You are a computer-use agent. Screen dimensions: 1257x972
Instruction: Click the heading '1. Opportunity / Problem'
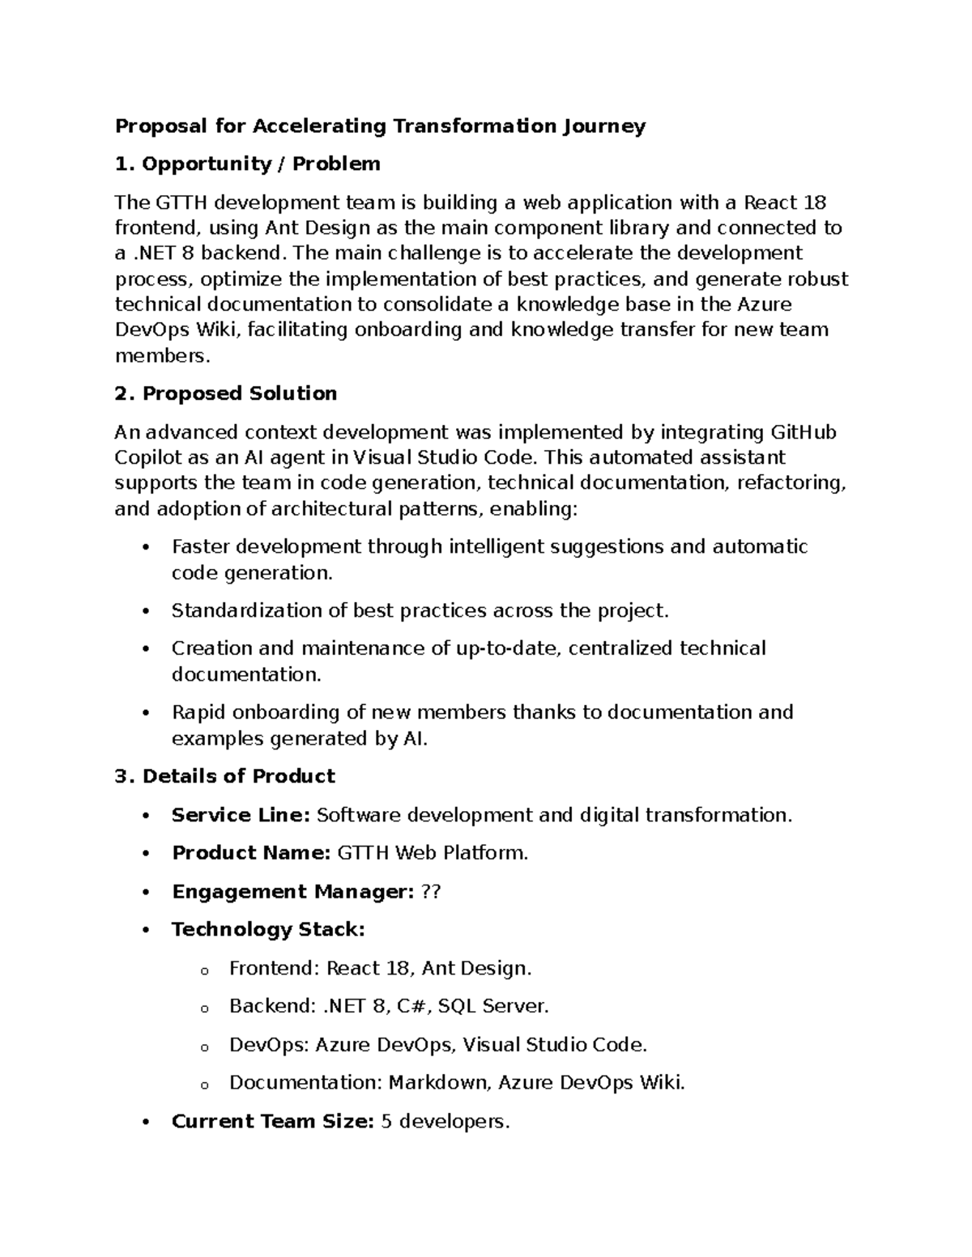(x=247, y=164)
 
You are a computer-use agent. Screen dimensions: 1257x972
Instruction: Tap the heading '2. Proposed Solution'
(x=226, y=394)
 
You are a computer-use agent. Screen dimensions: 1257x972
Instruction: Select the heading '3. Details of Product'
(x=224, y=776)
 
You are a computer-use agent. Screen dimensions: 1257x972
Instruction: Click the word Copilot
(x=144, y=457)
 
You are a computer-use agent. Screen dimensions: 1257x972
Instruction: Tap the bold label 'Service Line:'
(x=241, y=815)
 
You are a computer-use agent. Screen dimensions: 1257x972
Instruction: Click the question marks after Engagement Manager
(x=432, y=892)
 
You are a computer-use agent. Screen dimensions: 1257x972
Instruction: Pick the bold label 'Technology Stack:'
(x=268, y=930)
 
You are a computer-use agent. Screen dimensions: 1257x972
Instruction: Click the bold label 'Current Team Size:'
(x=272, y=1122)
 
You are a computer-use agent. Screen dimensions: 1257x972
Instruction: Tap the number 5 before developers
(x=387, y=1122)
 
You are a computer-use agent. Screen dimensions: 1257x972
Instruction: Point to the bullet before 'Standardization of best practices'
(x=146, y=611)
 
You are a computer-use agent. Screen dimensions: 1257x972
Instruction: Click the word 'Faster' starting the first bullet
(x=200, y=547)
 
